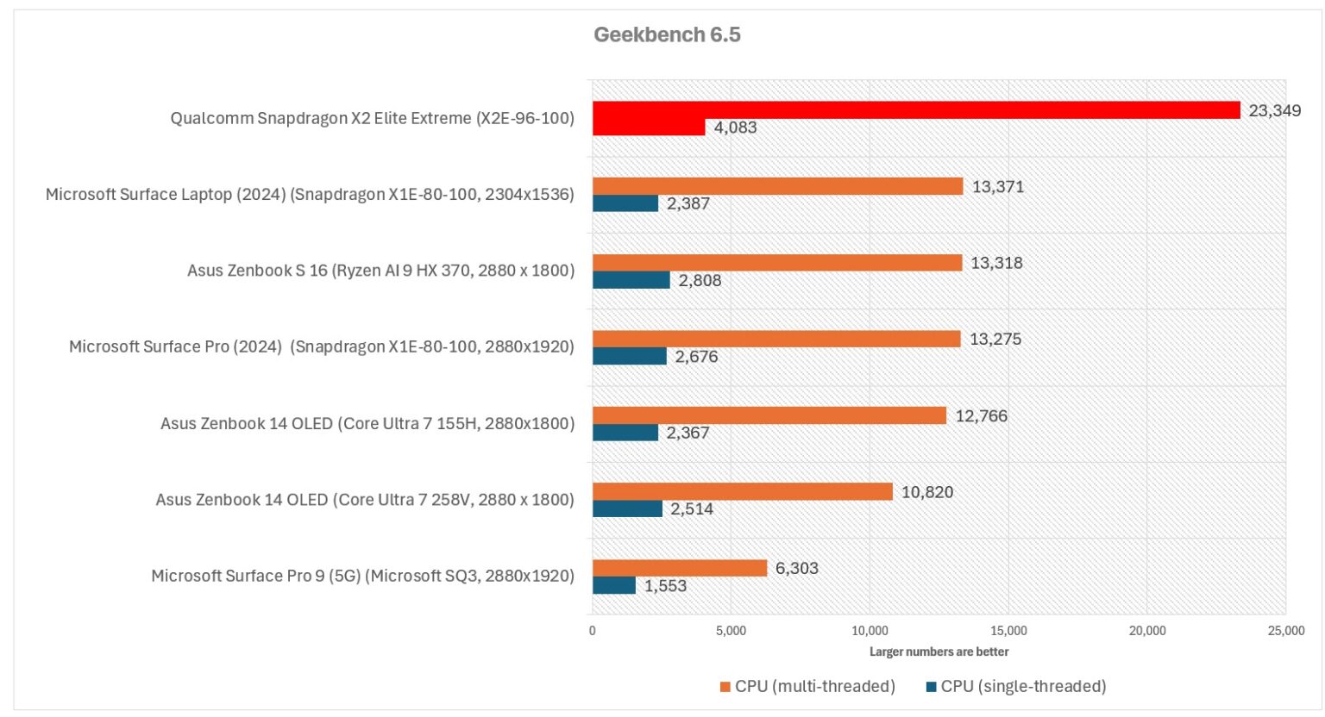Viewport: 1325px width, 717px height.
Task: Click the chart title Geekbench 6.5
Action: click(x=667, y=35)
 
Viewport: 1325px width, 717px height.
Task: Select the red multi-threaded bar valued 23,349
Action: click(x=915, y=110)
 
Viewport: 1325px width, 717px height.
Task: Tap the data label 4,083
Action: click(x=735, y=128)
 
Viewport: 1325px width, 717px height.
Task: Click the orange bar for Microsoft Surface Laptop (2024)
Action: click(x=777, y=186)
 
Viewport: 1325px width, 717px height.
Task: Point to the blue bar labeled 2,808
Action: click(x=631, y=280)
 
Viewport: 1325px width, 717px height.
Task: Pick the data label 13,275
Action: click(x=995, y=340)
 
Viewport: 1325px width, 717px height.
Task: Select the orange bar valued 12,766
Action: click(x=769, y=415)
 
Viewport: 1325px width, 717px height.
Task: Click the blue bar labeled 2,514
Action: click(x=627, y=509)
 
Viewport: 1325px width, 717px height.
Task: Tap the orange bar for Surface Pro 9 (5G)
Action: click(x=680, y=568)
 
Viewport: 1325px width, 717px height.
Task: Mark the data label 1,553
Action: click(x=665, y=586)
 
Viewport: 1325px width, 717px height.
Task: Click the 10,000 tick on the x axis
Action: click(x=870, y=631)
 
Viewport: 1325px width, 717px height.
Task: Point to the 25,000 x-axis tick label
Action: click(x=1285, y=631)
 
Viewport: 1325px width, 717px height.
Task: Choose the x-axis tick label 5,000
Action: click(x=731, y=631)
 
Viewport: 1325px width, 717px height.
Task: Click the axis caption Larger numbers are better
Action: click(x=939, y=652)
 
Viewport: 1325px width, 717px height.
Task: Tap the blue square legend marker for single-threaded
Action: click(x=931, y=687)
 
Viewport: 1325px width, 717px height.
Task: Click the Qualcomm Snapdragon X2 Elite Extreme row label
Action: click(x=372, y=118)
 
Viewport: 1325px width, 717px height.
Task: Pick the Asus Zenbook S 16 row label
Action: click(x=380, y=271)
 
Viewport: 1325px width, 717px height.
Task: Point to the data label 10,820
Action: click(x=927, y=492)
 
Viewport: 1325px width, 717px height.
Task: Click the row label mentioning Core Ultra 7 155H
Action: click(x=367, y=423)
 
